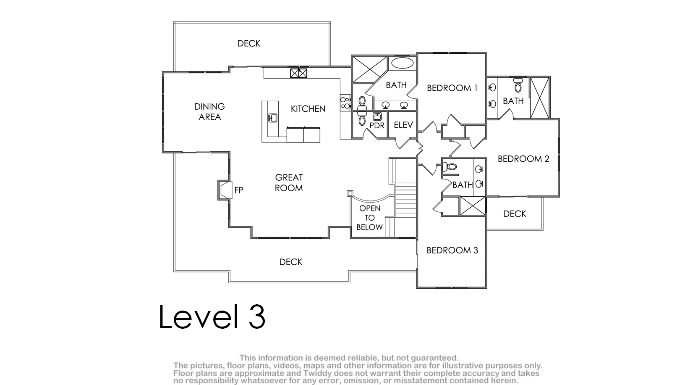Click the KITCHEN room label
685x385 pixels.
pyautogui.click(x=308, y=109)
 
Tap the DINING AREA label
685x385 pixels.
pyautogui.click(x=209, y=111)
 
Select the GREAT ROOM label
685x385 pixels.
pyautogui.click(x=289, y=182)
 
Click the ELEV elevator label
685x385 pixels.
pyautogui.click(x=403, y=125)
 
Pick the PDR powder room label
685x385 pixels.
pyautogui.click(x=377, y=126)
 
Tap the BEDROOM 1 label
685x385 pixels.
pyautogui.click(x=452, y=88)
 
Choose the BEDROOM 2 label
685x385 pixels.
pyautogui.click(x=523, y=158)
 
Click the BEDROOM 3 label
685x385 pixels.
pyautogui.click(x=452, y=250)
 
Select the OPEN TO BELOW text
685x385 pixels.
pyautogui.click(x=370, y=218)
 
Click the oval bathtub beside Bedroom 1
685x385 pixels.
pyautogui.click(x=403, y=63)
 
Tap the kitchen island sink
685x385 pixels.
pyautogui.click(x=272, y=118)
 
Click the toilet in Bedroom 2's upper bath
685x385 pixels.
pyautogui.click(x=518, y=85)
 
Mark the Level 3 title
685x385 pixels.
pyautogui.click(x=212, y=316)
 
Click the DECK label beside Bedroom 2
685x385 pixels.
pyautogui.click(x=515, y=214)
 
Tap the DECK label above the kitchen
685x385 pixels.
pyautogui.click(x=248, y=43)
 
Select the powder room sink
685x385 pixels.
pyautogui.click(x=377, y=117)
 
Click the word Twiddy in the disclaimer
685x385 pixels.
pyautogui.click(x=318, y=373)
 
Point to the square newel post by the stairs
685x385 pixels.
pyautogui.click(x=350, y=193)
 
